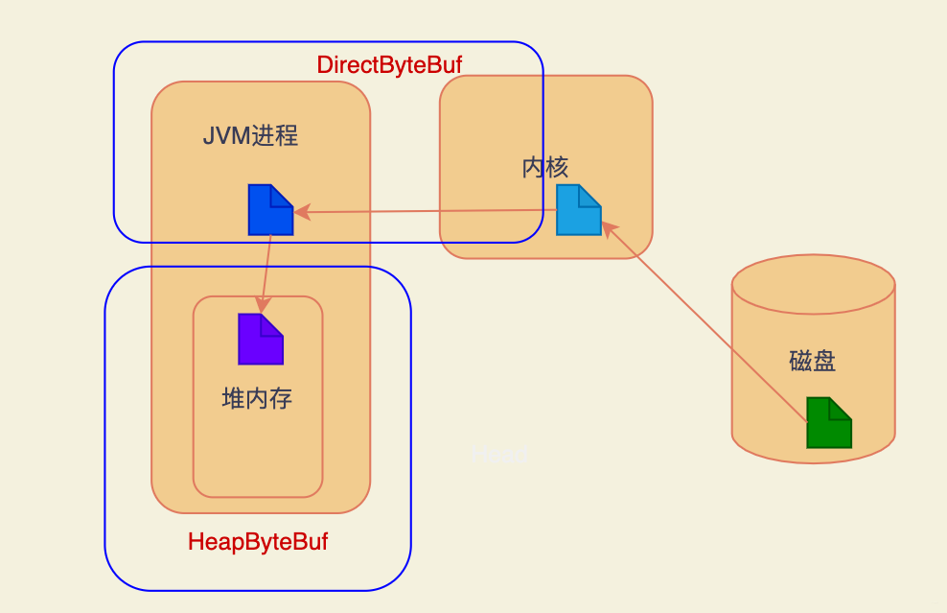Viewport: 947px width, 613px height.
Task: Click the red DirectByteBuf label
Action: [389, 65]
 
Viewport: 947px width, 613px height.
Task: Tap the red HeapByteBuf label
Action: [258, 542]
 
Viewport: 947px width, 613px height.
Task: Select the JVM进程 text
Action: [250, 135]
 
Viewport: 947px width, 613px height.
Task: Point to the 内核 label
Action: [545, 168]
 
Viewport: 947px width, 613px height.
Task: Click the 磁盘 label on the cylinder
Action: [813, 362]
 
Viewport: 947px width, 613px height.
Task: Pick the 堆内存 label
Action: [257, 398]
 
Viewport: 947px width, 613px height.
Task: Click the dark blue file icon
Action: [269, 210]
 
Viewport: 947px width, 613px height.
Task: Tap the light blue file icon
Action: [578, 211]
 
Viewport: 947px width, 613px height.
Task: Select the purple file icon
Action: [260, 340]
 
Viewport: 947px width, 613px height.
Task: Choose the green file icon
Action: [828, 423]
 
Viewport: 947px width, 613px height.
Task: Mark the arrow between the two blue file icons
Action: [427, 211]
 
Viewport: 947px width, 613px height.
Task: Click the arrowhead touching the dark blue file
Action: [300, 211]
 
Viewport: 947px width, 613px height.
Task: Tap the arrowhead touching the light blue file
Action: [608, 228]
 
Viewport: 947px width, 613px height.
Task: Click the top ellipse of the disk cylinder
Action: [813, 285]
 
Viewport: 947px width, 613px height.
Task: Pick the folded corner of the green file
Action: [841, 408]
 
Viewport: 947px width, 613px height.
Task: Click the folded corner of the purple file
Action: [272, 324]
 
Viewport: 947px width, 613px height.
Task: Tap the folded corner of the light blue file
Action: [590, 196]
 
